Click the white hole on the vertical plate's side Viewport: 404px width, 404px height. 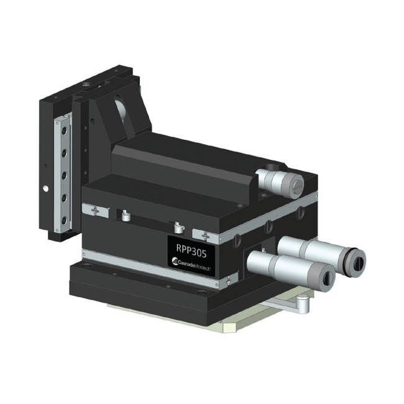point(44,187)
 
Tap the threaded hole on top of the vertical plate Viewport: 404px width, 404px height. point(85,83)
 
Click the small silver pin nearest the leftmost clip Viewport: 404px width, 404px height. point(126,216)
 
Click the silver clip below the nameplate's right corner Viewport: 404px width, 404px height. point(231,277)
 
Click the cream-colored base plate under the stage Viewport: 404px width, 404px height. point(186,320)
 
